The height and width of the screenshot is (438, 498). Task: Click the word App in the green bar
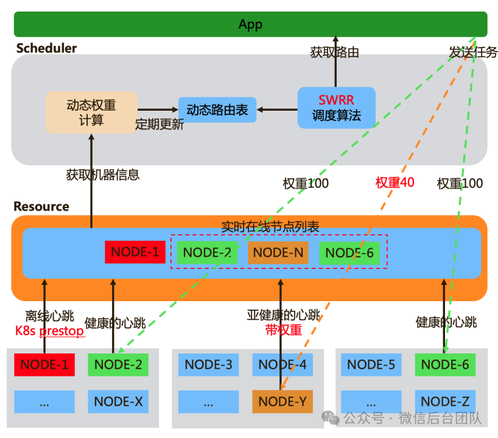click(250, 24)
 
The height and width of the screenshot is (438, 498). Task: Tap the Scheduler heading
click(46, 48)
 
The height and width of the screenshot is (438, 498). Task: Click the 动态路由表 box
click(217, 110)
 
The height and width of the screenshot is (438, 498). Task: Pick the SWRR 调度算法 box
click(336, 108)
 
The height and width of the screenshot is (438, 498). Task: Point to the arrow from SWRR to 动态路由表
click(277, 110)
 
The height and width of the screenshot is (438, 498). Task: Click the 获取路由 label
click(334, 53)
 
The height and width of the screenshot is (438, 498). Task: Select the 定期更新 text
click(159, 125)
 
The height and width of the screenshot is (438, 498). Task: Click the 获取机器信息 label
click(103, 175)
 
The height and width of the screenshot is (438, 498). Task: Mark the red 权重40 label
click(395, 182)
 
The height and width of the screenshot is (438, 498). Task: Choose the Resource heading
click(41, 207)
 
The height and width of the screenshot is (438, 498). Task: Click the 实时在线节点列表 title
click(270, 227)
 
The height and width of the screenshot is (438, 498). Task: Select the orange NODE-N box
click(278, 252)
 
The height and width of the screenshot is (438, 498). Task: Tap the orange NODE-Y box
click(282, 401)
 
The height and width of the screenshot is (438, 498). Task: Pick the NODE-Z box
click(445, 401)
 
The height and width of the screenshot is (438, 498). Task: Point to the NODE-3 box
click(208, 365)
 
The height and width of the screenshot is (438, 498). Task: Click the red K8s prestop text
click(49, 332)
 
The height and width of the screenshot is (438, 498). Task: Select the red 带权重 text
click(283, 330)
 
